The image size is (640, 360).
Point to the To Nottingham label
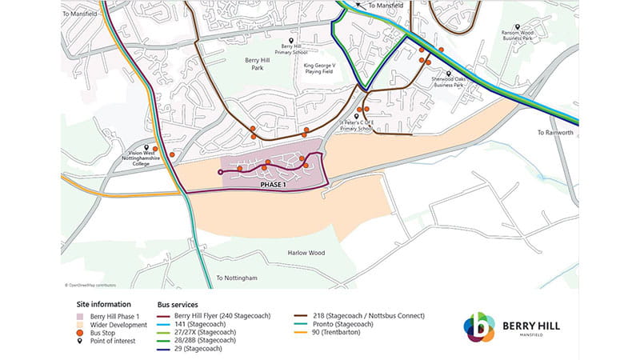pos(237,278)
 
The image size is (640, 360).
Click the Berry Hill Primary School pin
pos(291,40)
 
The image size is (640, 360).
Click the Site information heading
pos(103,305)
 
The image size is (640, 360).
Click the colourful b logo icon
pos(479,328)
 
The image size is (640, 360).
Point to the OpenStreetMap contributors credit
pos(90,284)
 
